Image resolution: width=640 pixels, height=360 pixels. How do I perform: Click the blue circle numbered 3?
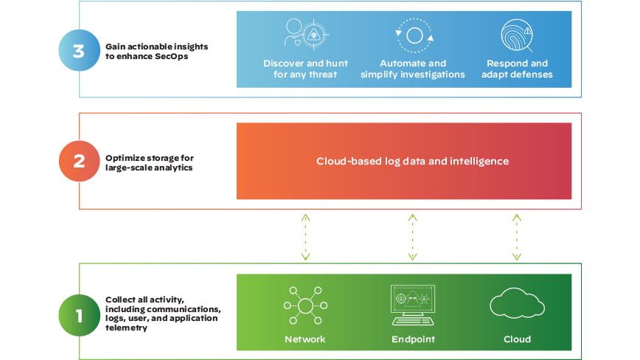(x=79, y=51)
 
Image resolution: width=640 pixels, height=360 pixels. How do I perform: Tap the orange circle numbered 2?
(x=79, y=162)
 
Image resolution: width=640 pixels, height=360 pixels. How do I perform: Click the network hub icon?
(x=305, y=305)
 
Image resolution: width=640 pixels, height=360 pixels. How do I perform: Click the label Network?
(x=305, y=339)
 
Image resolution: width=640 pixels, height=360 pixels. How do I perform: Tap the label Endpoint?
(x=413, y=339)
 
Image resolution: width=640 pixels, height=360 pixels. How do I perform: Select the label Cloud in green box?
(x=517, y=339)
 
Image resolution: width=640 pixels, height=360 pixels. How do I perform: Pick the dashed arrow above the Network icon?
(x=305, y=238)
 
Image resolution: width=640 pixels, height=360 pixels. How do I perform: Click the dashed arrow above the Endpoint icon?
(x=412, y=238)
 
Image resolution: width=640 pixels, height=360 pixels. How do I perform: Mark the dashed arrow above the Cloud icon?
(x=517, y=238)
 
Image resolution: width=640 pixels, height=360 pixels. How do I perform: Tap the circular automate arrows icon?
(x=414, y=35)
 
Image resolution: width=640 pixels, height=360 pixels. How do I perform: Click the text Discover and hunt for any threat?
(x=305, y=69)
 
